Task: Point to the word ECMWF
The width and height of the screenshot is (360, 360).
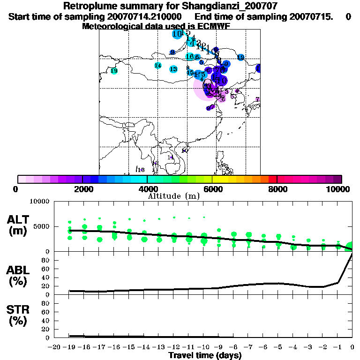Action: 218,27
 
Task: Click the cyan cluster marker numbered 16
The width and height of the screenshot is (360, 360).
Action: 189,57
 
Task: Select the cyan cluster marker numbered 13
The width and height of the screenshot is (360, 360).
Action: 173,69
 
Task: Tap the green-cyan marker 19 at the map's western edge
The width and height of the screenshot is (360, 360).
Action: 114,71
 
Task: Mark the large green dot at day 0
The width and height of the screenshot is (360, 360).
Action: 350,247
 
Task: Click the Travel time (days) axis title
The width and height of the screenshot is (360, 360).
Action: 205,355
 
